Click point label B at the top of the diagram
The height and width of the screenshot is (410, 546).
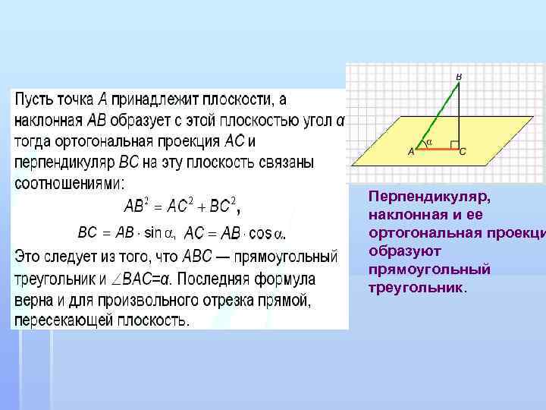point(459,77)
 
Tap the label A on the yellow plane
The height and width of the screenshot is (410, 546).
point(412,152)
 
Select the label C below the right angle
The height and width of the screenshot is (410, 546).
point(463,152)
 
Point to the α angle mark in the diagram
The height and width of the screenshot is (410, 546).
point(429,141)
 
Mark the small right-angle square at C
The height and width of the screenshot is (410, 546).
point(454,143)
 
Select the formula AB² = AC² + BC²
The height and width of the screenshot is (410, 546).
point(182,205)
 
